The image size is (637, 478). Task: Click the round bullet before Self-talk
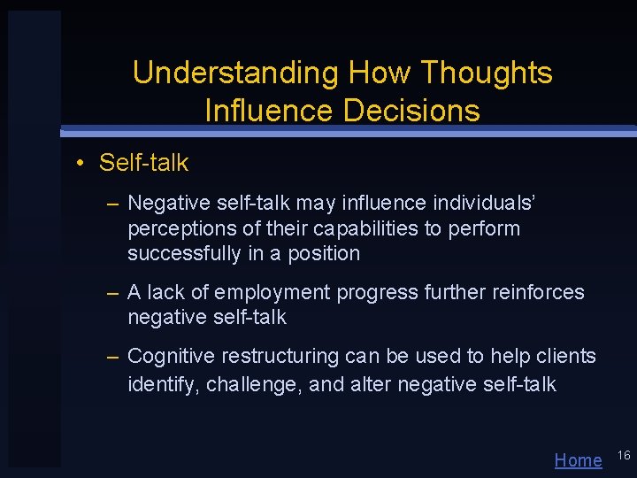[80, 163]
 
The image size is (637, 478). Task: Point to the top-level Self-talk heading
[143, 163]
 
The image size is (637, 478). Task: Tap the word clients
[564, 356]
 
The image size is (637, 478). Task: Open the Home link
[578, 460]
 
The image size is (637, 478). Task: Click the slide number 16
[623, 455]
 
